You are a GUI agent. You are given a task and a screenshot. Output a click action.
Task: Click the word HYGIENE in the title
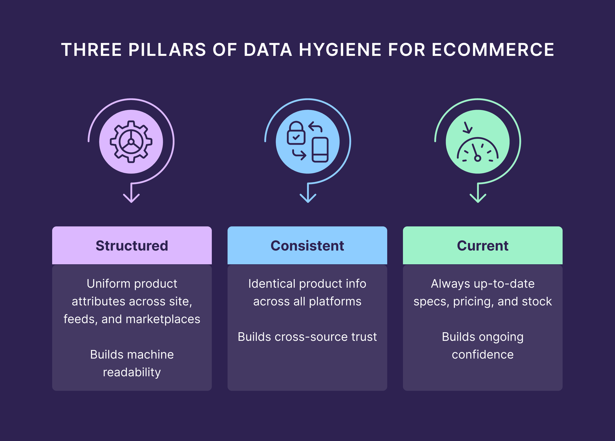[340, 50]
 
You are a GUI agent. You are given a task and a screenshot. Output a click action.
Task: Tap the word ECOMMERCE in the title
[493, 50]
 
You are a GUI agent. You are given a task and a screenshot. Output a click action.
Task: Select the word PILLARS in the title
[167, 50]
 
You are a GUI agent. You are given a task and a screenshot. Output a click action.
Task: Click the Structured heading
[132, 246]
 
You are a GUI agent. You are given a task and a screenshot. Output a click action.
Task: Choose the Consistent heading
[307, 246]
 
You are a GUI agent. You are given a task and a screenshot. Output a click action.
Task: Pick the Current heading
[482, 246]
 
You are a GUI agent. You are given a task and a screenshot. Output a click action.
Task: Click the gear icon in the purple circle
[131, 142]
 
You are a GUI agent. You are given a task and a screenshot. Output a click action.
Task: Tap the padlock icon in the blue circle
[296, 133]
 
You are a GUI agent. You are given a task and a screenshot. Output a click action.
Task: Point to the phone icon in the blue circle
[320, 150]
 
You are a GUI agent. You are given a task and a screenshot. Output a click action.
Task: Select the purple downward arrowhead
[131, 198]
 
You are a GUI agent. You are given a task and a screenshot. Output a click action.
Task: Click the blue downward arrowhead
[308, 198]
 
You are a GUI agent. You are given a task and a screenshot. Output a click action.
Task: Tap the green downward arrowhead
[478, 198]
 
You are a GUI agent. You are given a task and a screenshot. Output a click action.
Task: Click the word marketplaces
[163, 319]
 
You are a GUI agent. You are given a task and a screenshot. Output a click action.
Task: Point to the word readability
[132, 372]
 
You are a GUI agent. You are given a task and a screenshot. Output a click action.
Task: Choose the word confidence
[482, 354]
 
